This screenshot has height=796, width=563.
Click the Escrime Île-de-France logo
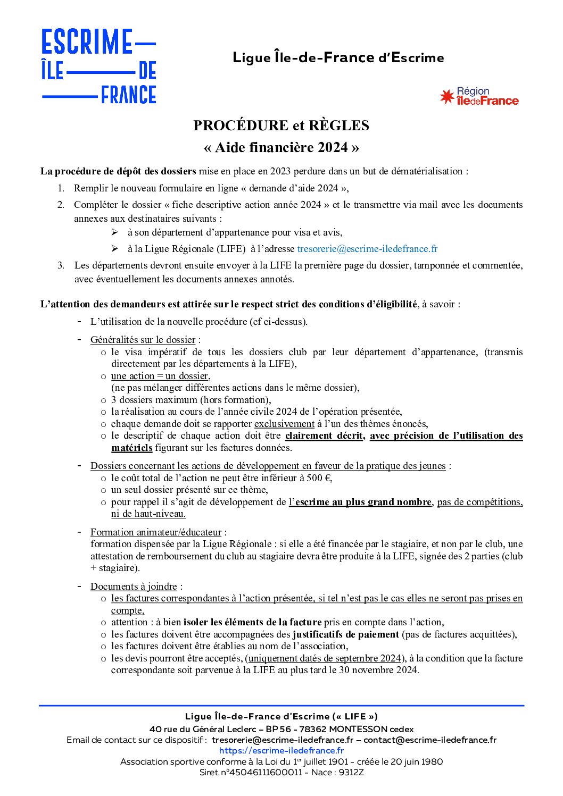point(99,66)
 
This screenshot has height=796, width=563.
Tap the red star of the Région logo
point(446,97)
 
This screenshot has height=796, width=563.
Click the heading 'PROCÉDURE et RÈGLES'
point(281,125)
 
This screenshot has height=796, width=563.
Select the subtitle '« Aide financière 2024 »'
point(281,147)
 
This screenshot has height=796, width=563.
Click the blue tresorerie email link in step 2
point(367,248)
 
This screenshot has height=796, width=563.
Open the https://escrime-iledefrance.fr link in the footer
point(281,750)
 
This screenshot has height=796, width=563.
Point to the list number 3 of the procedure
point(61,265)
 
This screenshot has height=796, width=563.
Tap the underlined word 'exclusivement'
point(284,424)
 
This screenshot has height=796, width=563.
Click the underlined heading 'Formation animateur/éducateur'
point(156,532)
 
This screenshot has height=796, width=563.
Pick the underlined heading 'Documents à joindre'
point(134,586)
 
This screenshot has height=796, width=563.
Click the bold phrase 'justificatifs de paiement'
point(346,634)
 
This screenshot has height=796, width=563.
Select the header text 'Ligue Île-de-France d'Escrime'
point(338,57)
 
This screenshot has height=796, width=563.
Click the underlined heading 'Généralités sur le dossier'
point(143,340)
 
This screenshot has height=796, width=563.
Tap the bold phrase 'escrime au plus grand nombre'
point(363,502)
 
